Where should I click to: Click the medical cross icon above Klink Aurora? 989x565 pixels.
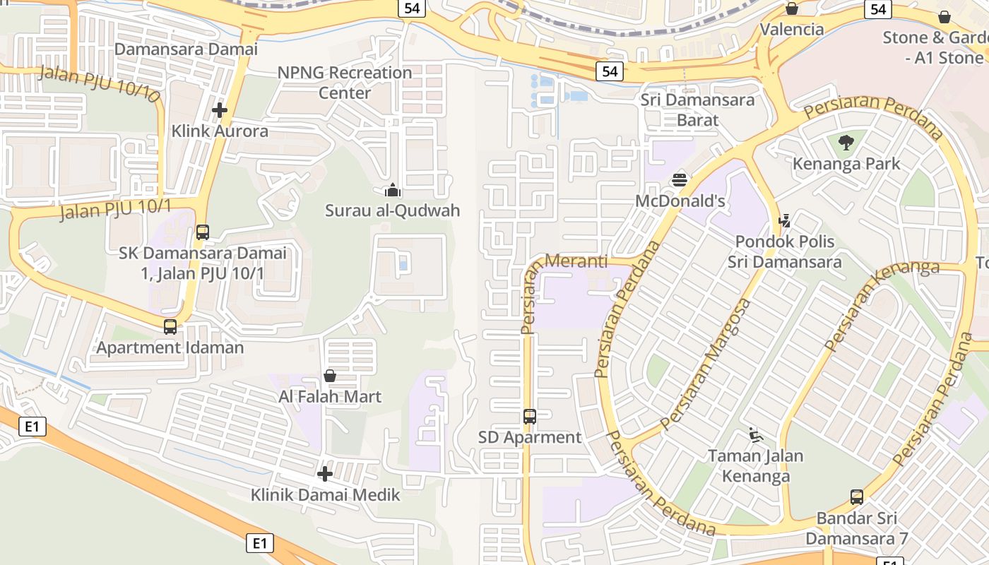(220, 110)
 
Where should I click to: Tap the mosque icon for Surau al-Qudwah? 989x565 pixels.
(392, 190)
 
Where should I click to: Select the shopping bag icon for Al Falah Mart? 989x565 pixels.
(330, 376)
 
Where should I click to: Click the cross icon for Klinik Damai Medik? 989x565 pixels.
(325, 474)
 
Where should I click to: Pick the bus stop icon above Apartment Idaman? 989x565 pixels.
(170, 327)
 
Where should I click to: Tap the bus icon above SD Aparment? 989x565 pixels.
(530, 417)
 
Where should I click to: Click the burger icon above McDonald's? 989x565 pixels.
(680, 179)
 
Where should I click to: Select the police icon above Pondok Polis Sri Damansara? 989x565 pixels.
(784, 220)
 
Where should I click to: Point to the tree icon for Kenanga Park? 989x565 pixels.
(846, 143)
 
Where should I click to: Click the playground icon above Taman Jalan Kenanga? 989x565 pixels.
(756, 435)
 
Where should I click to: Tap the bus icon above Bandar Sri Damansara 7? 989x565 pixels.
(857, 497)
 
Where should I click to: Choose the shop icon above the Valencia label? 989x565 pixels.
(792, 8)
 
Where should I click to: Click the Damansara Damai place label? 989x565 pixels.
(186, 49)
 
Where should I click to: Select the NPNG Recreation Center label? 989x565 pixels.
(344, 83)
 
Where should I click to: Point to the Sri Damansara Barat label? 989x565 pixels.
(697, 109)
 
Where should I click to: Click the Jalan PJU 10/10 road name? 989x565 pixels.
(100, 83)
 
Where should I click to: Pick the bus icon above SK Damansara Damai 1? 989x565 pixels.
(203, 232)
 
